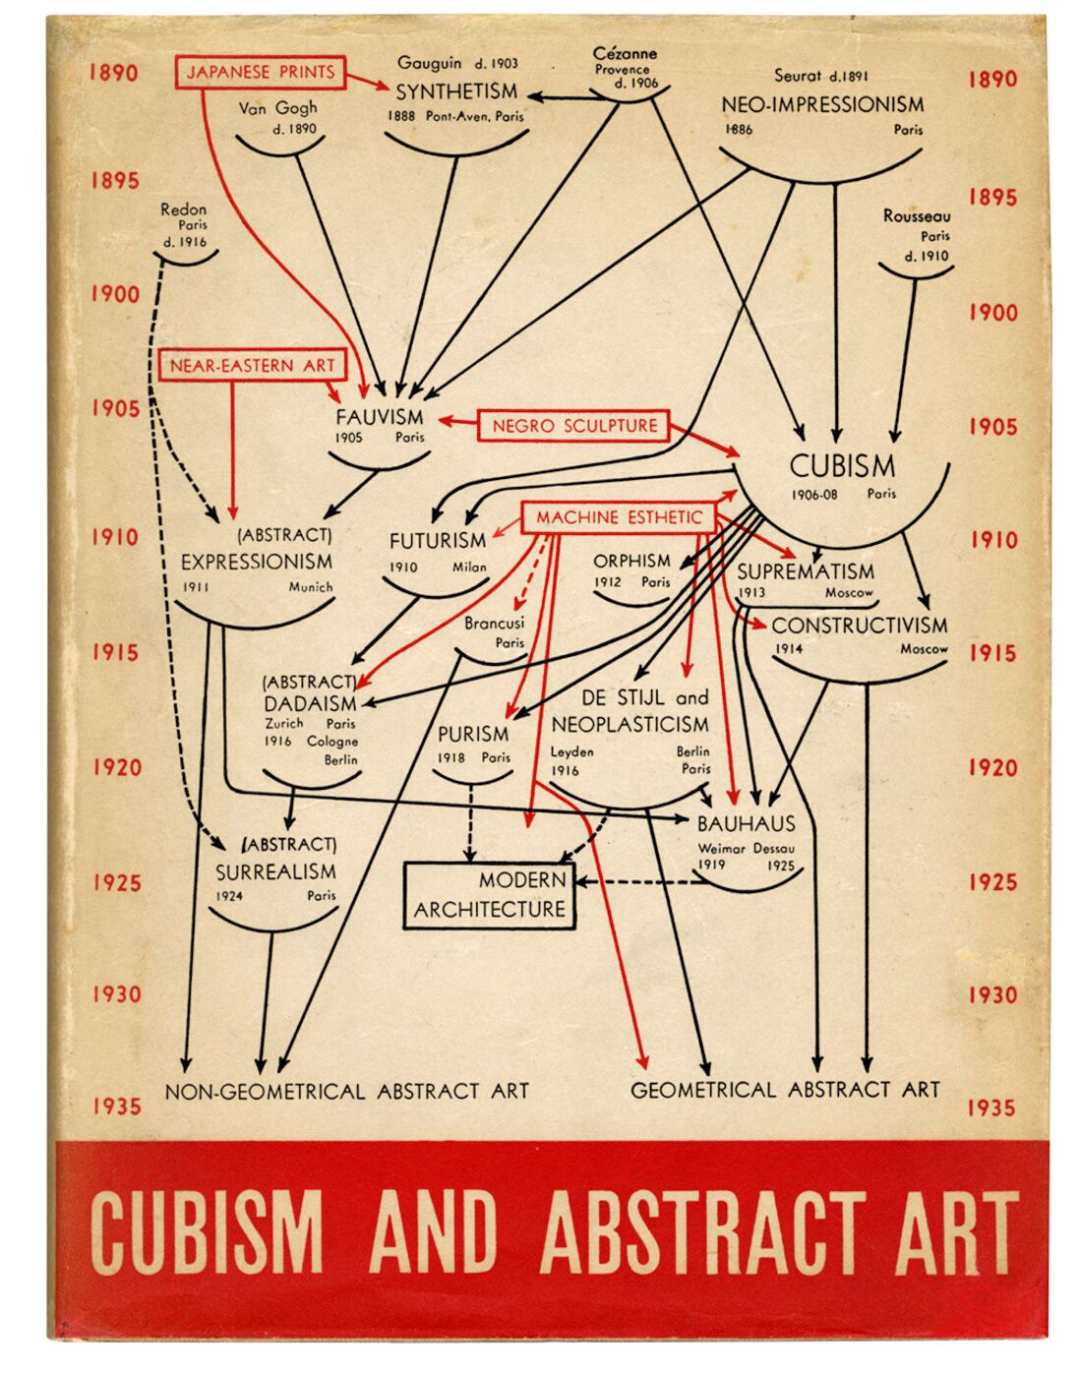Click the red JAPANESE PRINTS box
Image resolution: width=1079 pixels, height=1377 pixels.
click(x=261, y=72)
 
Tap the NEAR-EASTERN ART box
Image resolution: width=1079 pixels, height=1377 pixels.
click(x=253, y=365)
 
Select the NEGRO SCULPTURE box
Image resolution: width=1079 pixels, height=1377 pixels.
click(x=574, y=425)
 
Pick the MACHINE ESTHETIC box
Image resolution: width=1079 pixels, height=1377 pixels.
click(x=619, y=517)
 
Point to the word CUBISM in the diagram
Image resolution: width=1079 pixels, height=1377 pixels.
click(x=842, y=466)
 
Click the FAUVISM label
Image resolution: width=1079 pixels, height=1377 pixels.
click(x=379, y=417)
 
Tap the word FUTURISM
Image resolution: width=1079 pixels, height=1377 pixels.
click(x=438, y=541)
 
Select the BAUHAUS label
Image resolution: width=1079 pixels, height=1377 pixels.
click(x=746, y=824)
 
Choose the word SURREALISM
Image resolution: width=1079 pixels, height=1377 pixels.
click(x=275, y=872)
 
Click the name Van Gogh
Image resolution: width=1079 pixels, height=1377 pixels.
click(x=277, y=108)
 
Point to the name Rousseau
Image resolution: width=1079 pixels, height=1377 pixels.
click(x=917, y=216)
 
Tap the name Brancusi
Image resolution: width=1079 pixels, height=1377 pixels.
click(x=494, y=623)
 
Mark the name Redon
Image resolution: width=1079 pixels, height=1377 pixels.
click(x=183, y=209)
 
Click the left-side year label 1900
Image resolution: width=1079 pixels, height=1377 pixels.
click(x=114, y=294)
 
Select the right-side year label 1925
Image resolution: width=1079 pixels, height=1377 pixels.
click(x=992, y=881)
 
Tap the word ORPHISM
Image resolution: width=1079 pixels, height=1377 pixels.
click(x=631, y=561)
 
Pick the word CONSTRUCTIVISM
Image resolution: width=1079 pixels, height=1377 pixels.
click(x=859, y=626)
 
